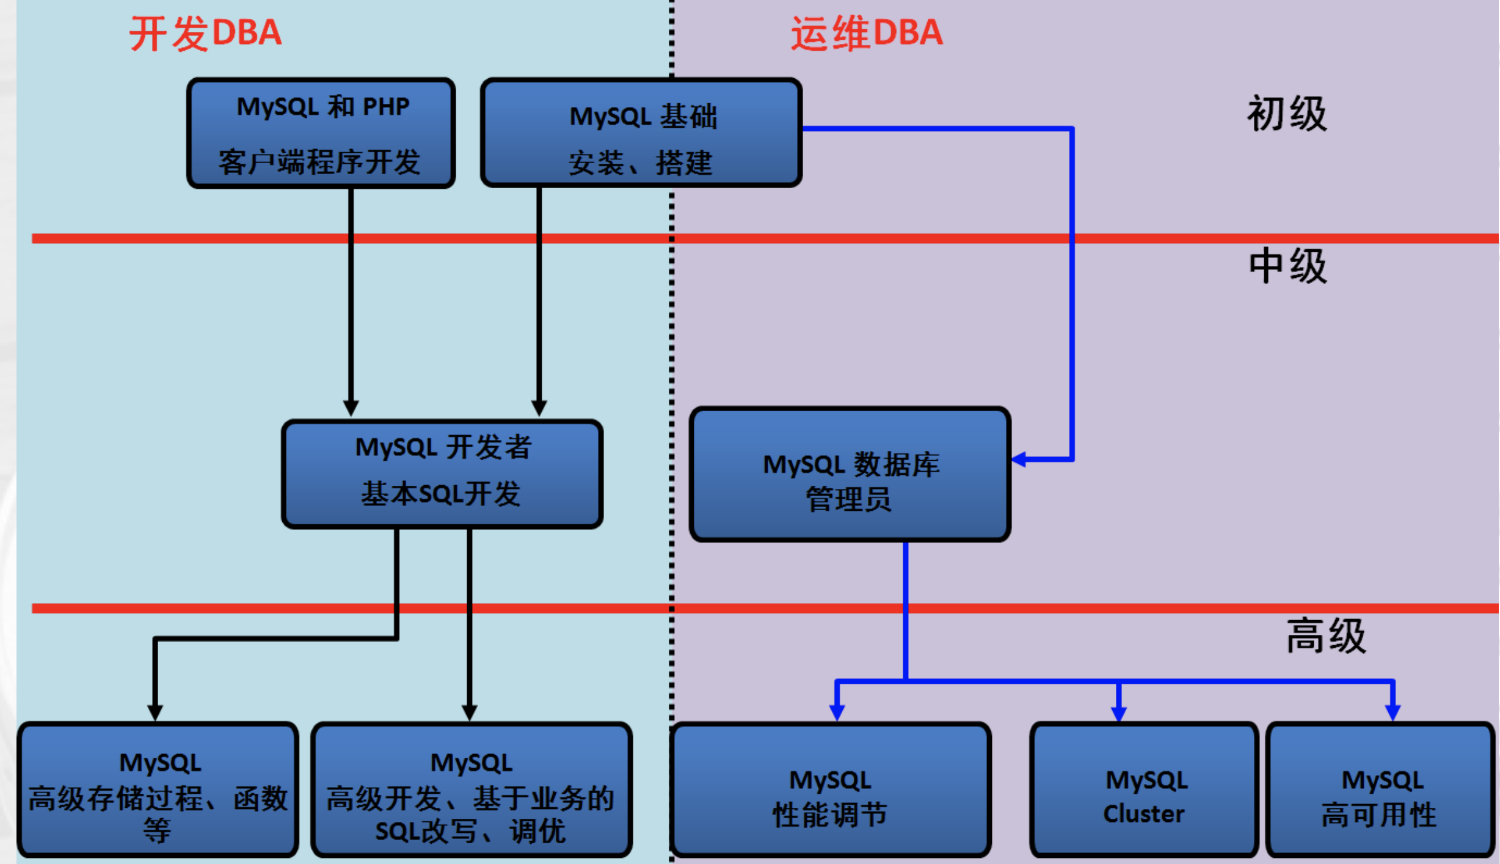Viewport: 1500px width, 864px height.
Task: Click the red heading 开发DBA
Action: tap(205, 33)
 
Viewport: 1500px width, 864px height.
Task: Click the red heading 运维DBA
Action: tap(867, 33)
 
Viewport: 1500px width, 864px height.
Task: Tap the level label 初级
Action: tap(1287, 114)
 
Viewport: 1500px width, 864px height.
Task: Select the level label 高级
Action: tap(1326, 636)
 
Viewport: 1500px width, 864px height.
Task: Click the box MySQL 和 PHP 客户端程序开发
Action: tap(321, 133)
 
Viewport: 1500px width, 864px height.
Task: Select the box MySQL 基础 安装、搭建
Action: tap(641, 133)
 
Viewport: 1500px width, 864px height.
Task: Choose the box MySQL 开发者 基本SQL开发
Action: tap(442, 474)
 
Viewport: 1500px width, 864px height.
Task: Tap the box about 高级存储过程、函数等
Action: tap(158, 790)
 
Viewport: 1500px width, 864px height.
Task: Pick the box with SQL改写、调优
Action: tap(471, 790)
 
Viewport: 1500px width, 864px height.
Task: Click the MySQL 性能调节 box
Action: tap(830, 790)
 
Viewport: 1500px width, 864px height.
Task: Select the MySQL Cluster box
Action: tap(1144, 790)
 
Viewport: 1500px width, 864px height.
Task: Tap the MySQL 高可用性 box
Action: tap(1380, 790)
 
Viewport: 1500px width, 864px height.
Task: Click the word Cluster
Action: tap(1143, 814)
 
